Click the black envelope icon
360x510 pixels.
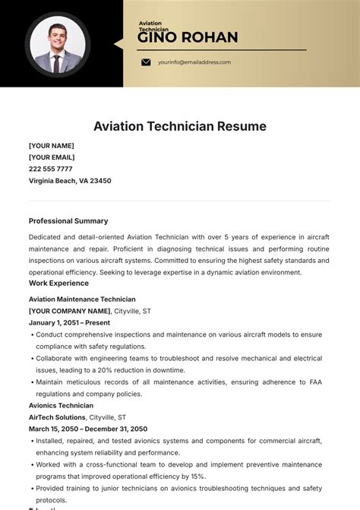(146, 62)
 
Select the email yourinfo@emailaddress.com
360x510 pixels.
(194, 62)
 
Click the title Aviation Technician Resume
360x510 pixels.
(180, 126)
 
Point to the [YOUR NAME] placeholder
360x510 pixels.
(51, 145)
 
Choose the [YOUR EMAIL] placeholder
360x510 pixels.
(52, 157)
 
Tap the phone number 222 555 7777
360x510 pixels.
(51, 169)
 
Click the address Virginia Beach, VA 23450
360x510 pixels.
(70, 181)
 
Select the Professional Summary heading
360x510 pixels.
(68, 221)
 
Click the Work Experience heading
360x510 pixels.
(58, 284)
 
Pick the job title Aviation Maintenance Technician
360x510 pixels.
(82, 299)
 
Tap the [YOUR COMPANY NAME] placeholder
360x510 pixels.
(69, 311)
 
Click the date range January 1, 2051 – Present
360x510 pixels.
(69, 322)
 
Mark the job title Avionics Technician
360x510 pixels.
(61, 406)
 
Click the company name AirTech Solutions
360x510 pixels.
(57, 417)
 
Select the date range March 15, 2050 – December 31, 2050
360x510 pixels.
(87, 429)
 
